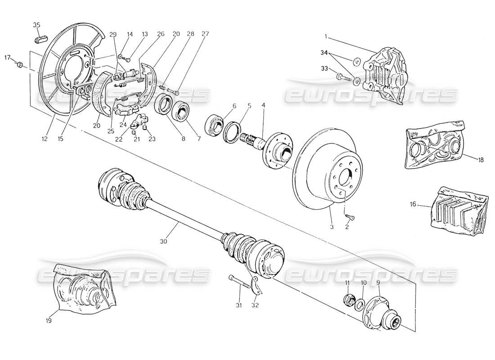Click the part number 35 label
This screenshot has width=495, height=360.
[x=36, y=25]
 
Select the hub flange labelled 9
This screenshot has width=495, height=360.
[x=382, y=310]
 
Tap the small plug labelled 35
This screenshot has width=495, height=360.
[x=40, y=39]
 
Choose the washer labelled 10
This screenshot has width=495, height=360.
[x=360, y=303]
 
